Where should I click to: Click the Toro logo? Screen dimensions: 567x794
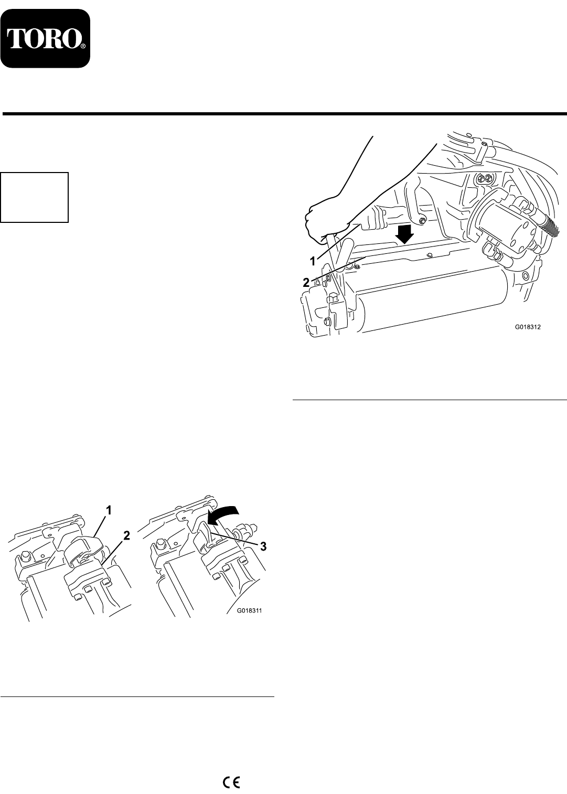[x=45, y=39]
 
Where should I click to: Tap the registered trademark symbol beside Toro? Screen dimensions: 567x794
[x=82, y=46]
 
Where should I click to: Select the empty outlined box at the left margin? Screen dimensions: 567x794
[x=35, y=197]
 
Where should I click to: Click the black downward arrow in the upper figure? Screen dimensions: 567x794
[x=405, y=233]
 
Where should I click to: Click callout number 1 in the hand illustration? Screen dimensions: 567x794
[x=313, y=261]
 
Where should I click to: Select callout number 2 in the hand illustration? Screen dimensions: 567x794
[x=306, y=283]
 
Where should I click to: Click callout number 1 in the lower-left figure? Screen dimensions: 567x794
[x=109, y=510]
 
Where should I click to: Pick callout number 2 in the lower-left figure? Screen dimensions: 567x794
[x=125, y=536]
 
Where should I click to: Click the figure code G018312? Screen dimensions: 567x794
[x=528, y=328]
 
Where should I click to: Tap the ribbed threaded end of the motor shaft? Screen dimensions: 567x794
[x=550, y=224]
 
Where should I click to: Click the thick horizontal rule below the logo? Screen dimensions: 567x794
[x=284, y=113]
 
